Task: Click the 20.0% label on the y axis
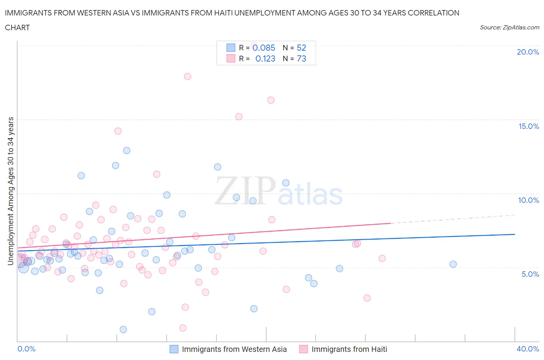pyautogui.click(x=528, y=52)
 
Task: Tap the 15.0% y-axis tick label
pyautogui.click(x=529, y=126)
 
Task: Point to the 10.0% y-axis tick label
pyautogui.click(x=529, y=200)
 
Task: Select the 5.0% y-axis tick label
pyautogui.click(x=530, y=274)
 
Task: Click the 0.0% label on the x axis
pyautogui.click(x=26, y=349)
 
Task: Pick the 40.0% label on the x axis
pyautogui.click(x=528, y=349)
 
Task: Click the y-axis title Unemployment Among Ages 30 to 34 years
pyautogui.click(x=10, y=191)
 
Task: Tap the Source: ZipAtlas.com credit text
pyautogui.click(x=509, y=27)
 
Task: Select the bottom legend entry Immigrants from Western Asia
pyautogui.click(x=234, y=349)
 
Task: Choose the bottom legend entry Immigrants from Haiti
pyautogui.click(x=349, y=349)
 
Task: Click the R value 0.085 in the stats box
pyautogui.click(x=263, y=48)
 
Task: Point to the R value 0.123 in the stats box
pyautogui.click(x=265, y=58)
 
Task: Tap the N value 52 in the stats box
pyautogui.click(x=301, y=48)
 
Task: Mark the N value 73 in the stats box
pyautogui.click(x=301, y=58)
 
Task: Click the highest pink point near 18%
pyautogui.click(x=188, y=76)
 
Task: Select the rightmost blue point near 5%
pyautogui.click(x=453, y=264)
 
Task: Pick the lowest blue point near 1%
pyautogui.click(x=123, y=329)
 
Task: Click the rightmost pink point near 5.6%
pyautogui.click(x=382, y=258)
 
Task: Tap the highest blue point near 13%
pyautogui.click(x=127, y=150)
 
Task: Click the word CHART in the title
pyautogui.click(x=17, y=27)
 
